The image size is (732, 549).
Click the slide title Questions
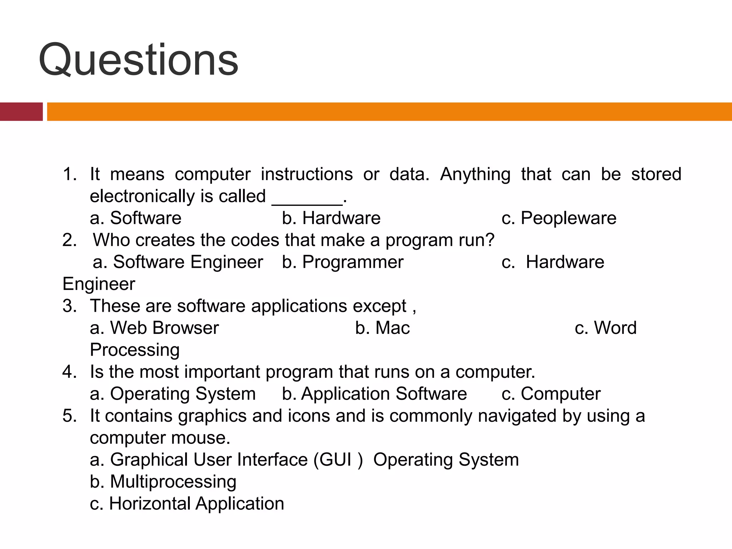(x=138, y=60)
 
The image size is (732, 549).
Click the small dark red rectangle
(x=21, y=112)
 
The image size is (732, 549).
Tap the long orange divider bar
(x=389, y=112)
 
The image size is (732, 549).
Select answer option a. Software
(x=136, y=218)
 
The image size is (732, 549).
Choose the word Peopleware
(x=568, y=218)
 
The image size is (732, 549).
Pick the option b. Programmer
(x=342, y=262)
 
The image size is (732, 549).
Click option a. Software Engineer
(x=178, y=262)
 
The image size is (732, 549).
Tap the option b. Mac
(x=382, y=328)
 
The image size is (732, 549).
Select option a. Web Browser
(x=154, y=328)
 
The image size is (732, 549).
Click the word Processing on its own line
(x=135, y=350)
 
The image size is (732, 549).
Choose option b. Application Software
(x=374, y=394)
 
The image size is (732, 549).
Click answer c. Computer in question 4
(x=551, y=394)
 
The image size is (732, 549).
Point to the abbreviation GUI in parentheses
(x=336, y=460)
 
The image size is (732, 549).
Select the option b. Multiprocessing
(x=163, y=481)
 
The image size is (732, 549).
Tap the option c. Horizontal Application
(x=187, y=504)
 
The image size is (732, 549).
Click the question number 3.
(x=69, y=306)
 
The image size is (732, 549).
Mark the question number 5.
(x=69, y=416)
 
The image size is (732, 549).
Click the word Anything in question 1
(x=475, y=174)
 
